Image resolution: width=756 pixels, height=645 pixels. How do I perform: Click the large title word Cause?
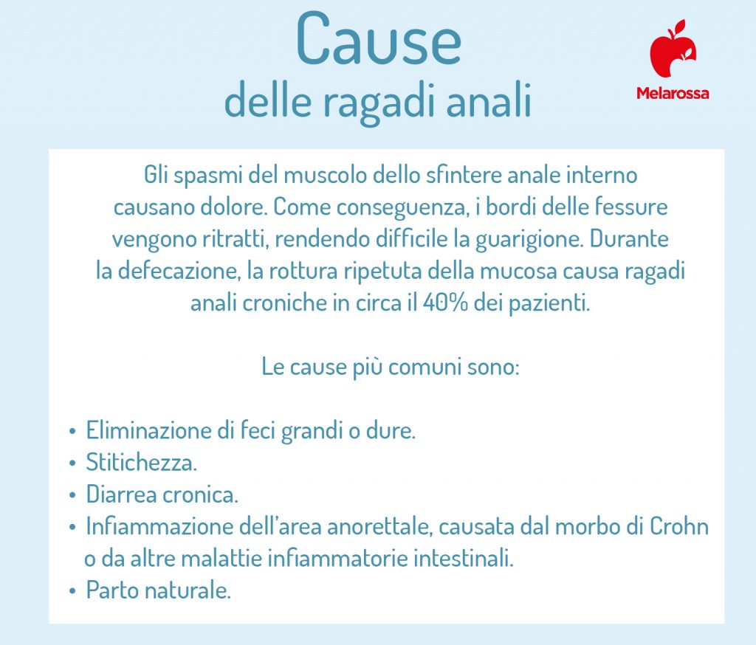(379, 41)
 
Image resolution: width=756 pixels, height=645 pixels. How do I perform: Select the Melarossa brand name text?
(673, 94)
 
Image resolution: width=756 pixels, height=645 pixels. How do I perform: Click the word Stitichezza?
(141, 463)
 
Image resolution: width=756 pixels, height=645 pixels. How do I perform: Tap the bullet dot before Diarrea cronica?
(72, 496)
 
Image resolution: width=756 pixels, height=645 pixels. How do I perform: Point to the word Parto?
(109, 590)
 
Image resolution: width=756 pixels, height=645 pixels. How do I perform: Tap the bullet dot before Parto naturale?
(72, 591)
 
